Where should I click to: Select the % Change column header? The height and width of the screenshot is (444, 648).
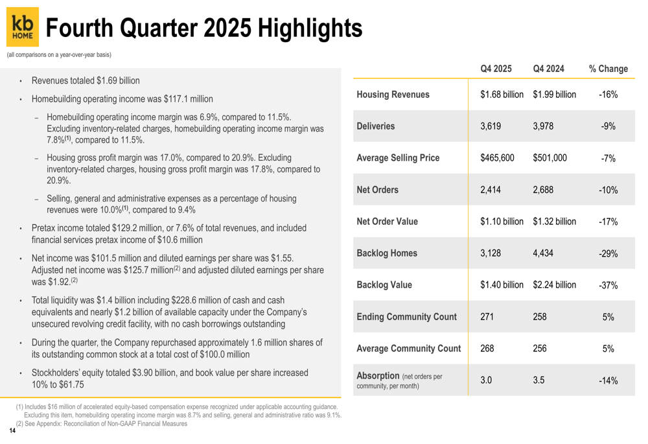click(608, 69)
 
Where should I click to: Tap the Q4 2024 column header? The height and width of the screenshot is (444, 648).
click(548, 69)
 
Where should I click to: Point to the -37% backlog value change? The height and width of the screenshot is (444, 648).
click(608, 285)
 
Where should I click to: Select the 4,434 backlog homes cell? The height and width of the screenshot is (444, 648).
click(544, 253)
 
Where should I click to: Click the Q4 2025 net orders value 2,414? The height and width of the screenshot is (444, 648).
click(491, 190)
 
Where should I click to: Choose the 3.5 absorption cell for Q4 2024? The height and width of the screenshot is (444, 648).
click(538, 380)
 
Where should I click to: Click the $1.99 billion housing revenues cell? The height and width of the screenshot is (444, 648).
click(554, 95)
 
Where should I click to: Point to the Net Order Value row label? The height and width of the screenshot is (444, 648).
click(388, 222)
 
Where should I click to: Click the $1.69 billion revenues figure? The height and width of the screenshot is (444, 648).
click(118, 81)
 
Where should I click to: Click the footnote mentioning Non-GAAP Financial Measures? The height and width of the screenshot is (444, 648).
click(104, 424)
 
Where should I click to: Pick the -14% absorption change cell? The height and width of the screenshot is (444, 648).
click(608, 381)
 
